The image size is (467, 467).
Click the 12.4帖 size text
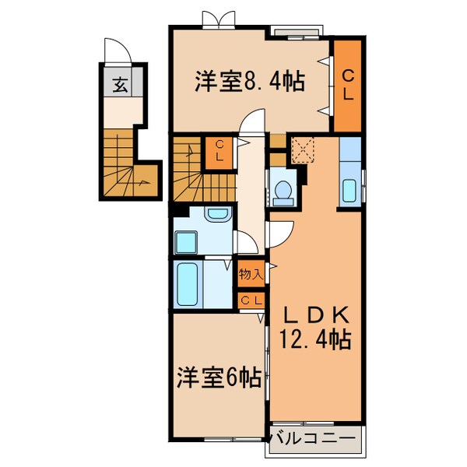click(x=315, y=339)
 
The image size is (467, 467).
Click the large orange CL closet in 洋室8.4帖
click(x=348, y=86)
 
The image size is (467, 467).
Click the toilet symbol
click(x=283, y=189)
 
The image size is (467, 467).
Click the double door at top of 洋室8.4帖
click(x=216, y=19)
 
